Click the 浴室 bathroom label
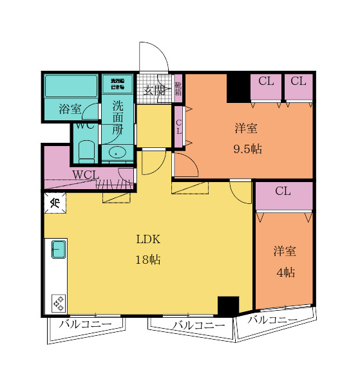point(70,109)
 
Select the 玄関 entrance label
point(154,89)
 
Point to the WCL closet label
point(85,174)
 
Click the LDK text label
point(147,239)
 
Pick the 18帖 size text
point(147,260)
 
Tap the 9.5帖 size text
point(247,149)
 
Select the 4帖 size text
point(285,272)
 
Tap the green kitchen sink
point(59,249)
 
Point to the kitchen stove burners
point(59,302)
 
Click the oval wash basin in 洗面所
point(117,152)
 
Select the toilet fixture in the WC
point(86,152)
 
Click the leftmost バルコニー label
point(85,324)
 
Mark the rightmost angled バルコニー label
point(272,320)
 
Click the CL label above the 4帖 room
point(283,191)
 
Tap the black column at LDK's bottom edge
point(228,305)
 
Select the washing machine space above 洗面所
point(117,83)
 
